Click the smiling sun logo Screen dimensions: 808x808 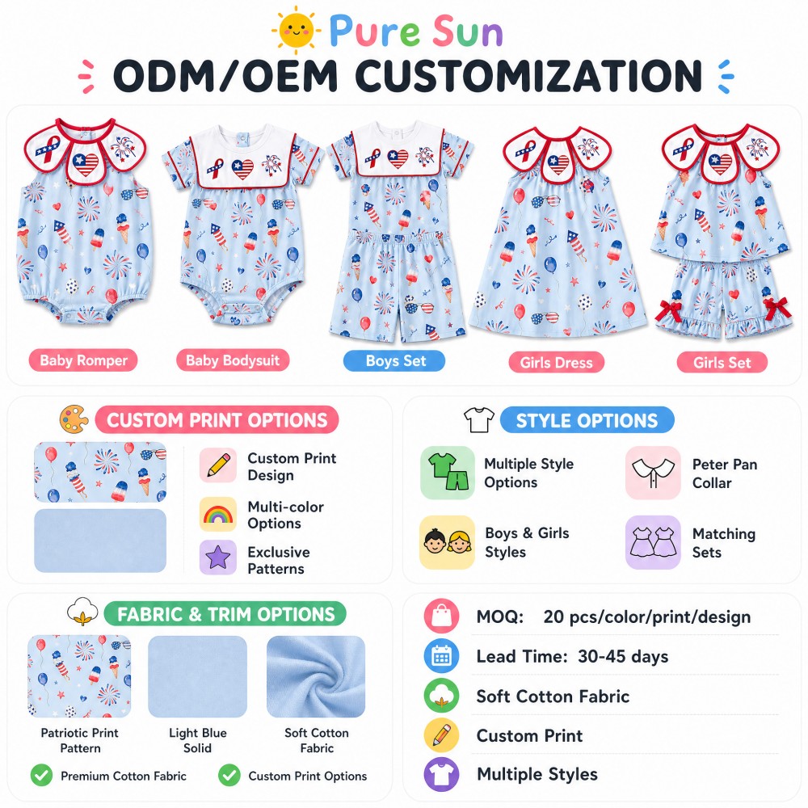point(296,30)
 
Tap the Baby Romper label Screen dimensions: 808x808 point(83,360)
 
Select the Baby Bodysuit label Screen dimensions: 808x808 point(233,360)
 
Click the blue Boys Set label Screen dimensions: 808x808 point(394,360)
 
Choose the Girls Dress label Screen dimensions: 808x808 point(556,363)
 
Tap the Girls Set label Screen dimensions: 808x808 point(722,363)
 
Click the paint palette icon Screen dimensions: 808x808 point(74,419)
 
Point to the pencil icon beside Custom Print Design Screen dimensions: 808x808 point(218,465)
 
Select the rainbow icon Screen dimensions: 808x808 point(218,514)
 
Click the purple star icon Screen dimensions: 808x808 point(218,557)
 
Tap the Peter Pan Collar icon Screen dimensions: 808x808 point(653,473)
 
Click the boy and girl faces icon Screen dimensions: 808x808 point(448,542)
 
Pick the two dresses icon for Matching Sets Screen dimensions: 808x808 point(653,542)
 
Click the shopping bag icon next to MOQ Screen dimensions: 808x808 point(442,616)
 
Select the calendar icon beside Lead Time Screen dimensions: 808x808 point(442,656)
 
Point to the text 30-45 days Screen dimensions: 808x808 point(622,656)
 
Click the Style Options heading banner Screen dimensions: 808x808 point(587,420)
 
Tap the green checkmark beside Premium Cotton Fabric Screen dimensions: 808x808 point(42,775)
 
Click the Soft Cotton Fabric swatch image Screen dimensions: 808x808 point(316,676)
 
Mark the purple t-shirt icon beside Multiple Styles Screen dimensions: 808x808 point(442,774)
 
